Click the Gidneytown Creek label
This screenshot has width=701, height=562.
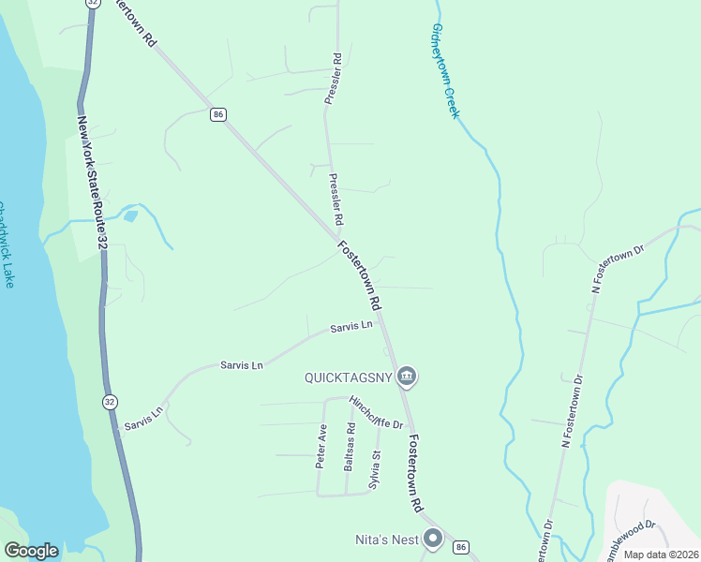(444, 71)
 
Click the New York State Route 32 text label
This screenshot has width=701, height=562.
(92, 184)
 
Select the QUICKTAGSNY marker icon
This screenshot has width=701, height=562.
(406, 377)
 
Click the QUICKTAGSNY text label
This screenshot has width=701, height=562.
(346, 378)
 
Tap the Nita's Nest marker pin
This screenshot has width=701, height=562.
(433, 539)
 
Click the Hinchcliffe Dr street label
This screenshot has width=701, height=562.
(376, 413)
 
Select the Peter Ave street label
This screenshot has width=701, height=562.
(321, 446)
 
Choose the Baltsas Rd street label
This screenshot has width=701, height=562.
(349, 447)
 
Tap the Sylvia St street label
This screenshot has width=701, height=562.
(375, 469)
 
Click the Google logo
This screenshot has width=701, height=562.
(31, 551)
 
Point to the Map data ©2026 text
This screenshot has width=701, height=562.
(661, 554)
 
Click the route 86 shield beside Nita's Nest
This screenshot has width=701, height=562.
(460, 546)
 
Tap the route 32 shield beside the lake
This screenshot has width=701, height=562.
(111, 402)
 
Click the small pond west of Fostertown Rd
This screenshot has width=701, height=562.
(130, 216)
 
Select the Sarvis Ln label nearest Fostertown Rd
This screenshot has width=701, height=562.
(351, 327)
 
